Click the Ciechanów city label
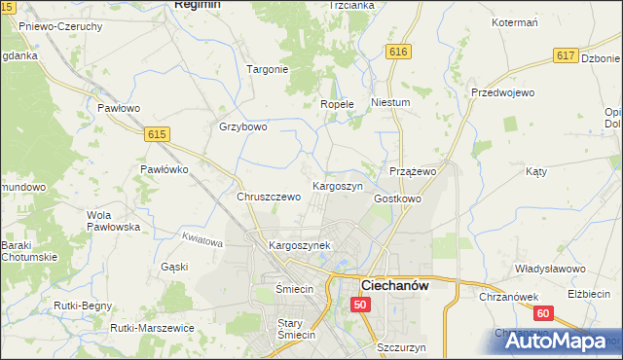click(x=397, y=285)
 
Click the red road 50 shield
click(x=361, y=305)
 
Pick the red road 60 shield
click(x=542, y=312)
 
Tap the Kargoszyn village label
click(x=337, y=185)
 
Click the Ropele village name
click(x=337, y=104)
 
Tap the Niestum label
click(x=391, y=101)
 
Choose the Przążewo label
click(x=412, y=170)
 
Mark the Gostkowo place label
click(x=397, y=198)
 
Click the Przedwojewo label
click(x=503, y=92)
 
